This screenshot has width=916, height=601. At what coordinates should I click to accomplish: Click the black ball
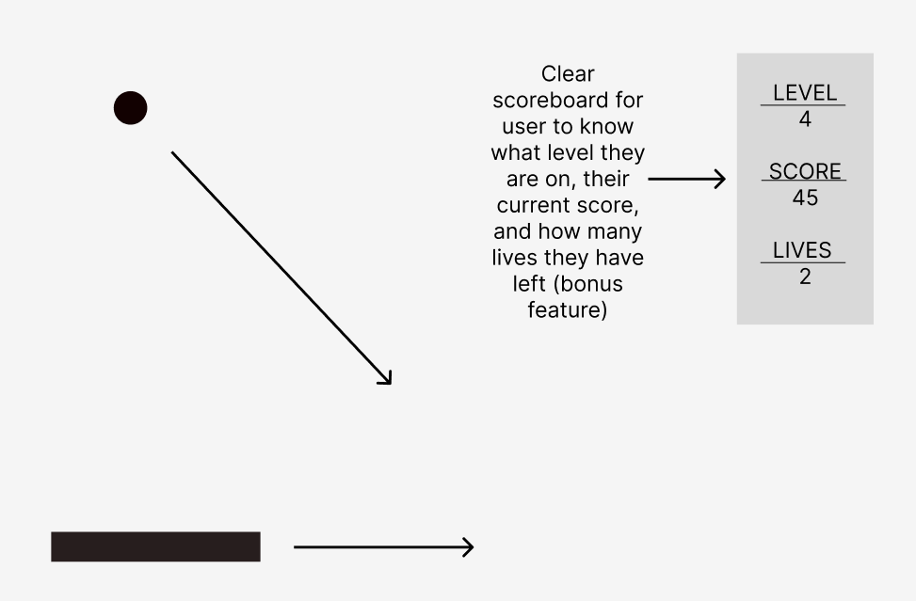click(x=131, y=108)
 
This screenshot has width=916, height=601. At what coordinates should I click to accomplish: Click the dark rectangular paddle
click(x=155, y=546)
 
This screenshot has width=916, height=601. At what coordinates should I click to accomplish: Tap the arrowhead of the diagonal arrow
click(x=386, y=379)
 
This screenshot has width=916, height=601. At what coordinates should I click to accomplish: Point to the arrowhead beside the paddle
click(x=468, y=546)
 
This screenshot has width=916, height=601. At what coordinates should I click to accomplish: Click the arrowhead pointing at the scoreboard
click(x=720, y=178)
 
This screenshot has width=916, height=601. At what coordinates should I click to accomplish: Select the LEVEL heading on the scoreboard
click(x=804, y=93)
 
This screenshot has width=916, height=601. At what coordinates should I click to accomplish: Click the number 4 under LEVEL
click(x=804, y=119)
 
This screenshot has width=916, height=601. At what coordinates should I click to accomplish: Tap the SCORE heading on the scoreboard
click(x=804, y=171)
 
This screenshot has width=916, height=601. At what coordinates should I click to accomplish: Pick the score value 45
click(x=804, y=198)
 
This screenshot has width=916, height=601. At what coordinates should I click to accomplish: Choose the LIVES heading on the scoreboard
click(x=802, y=250)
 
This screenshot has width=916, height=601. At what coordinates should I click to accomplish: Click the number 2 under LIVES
click(x=804, y=277)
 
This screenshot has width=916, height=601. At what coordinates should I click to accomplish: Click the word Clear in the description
click(x=568, y=73)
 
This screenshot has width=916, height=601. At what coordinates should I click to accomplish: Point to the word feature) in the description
click(x=567, y=309)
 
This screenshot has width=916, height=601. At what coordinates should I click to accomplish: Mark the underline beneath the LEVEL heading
click(x=803, y=105)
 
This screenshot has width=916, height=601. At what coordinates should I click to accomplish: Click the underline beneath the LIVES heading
click(x=803, y=262)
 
